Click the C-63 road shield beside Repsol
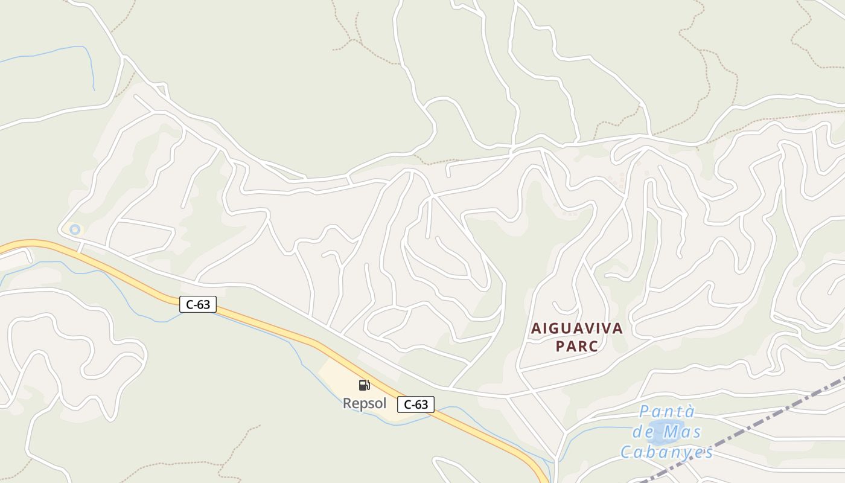click(416, 405)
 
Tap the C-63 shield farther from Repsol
click(198, 304)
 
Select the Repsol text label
click(365, 403)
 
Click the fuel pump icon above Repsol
click(364, 385)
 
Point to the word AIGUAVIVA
click(577, 328)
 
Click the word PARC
click(577, 347)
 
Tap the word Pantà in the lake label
click(667, 412)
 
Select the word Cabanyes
click(667, 452)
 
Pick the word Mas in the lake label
click(683, 432)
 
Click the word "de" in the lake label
click(643, 432)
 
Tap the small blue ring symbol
click(75, 229)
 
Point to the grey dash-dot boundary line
click(785, 411)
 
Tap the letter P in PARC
click(560, 347)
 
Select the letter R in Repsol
click(348, 403)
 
